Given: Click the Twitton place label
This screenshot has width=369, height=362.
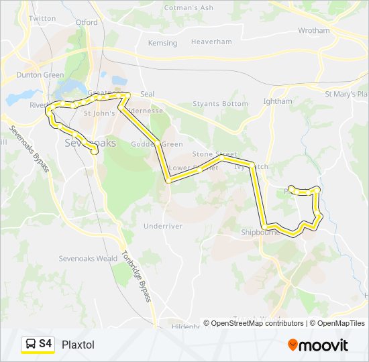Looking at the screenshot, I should click(43, 18).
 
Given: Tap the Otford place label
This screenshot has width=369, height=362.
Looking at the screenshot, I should click(87, 22).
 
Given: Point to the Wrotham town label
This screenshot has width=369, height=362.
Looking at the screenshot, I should click(313, 30).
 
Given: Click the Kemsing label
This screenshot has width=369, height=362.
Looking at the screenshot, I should click(162, 43).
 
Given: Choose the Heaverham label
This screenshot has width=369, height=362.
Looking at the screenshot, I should click(212, 42).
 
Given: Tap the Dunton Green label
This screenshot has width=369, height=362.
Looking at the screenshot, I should click(40, 75).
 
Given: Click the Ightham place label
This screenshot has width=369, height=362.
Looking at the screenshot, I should click(278, 101).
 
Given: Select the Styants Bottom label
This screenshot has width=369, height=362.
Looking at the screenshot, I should click(220, 104).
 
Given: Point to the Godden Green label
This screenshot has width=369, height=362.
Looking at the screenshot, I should click(148, 144).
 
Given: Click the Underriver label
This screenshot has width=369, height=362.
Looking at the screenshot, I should click(163, 226).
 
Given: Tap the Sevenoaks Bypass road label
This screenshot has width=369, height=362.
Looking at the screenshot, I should click(29, 147).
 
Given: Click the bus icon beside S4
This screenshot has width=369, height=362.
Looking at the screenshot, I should click(30, 345).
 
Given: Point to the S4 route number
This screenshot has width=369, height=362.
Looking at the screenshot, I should click(46, 344).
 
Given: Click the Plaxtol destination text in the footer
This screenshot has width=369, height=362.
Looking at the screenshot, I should click(78, 345).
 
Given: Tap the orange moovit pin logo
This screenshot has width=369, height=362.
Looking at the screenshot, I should click(293, 345).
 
